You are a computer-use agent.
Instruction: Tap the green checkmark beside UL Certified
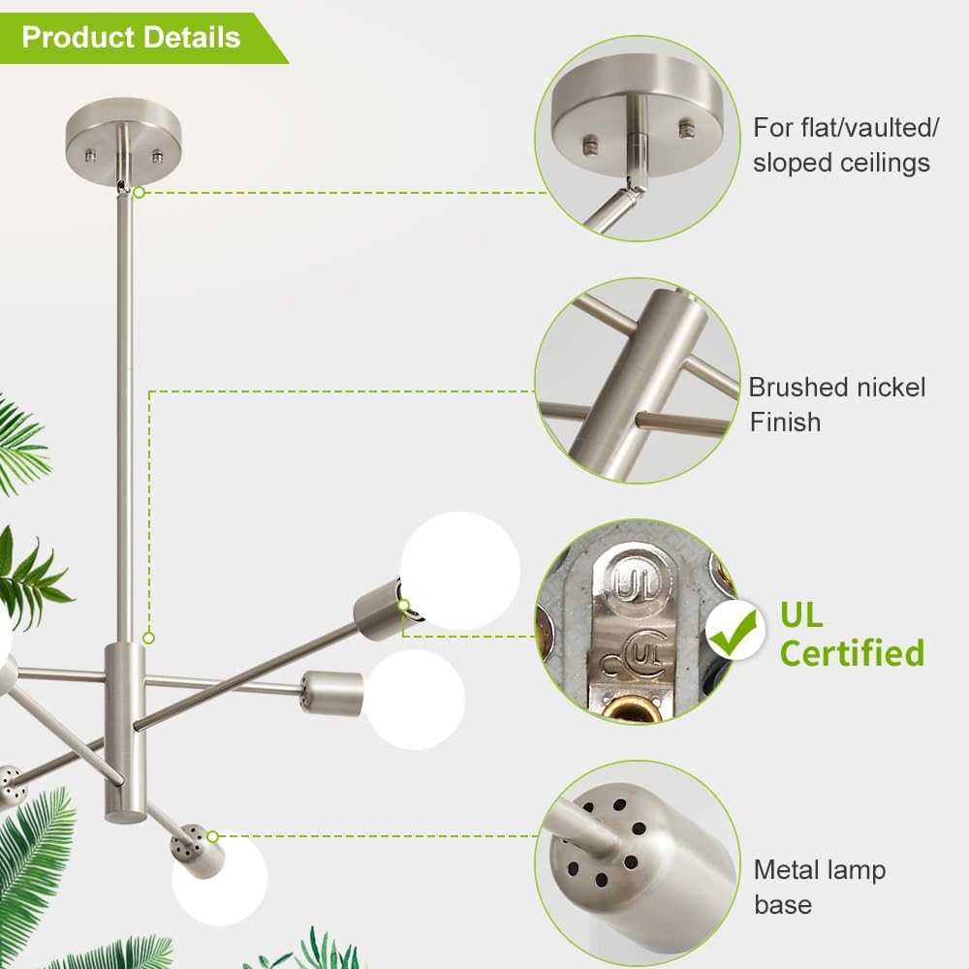(735, 632)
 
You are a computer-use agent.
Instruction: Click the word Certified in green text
(852, 653)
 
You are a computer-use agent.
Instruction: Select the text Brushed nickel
(837, 388)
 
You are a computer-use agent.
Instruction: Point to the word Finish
(786, 422)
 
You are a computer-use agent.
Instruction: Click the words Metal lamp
(820, 869)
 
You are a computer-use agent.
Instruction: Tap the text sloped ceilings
(841, 163)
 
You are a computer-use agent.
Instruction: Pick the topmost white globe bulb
(460, 571)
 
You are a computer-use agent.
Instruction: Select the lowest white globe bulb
(220, 878)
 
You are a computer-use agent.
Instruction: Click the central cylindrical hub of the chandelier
(125, 733)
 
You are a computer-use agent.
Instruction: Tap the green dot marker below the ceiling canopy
(140, 192)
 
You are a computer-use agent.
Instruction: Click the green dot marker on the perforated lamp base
(212, 837)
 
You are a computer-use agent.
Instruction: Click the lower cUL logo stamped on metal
(634, 656)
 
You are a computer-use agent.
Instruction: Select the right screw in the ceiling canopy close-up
(686, 129)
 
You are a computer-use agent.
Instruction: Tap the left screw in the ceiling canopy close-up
(590, 145)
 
